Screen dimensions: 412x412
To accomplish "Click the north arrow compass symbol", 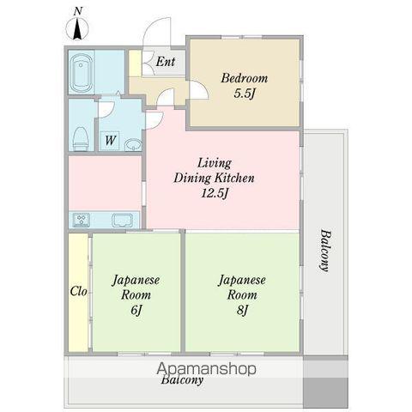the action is click(77, 28).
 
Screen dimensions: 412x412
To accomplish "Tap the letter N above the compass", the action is click(78, 11).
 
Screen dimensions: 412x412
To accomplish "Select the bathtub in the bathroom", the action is click(82, 73).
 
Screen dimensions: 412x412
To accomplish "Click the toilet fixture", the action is click(81, 139).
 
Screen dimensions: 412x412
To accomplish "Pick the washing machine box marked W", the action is click(110, 141).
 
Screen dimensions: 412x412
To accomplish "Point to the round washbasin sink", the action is click(133, 144).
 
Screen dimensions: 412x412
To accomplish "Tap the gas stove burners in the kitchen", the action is click(81, 220).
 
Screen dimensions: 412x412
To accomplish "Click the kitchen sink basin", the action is click(123, 221).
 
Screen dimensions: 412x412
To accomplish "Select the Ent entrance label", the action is click(166, 62).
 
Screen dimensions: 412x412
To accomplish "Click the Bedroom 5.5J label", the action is click(244, 86).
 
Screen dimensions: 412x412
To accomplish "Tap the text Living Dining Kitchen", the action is click(214, 171).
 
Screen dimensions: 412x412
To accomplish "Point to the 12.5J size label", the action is click(215, 194).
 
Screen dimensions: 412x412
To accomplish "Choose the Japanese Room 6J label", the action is click(136, 294).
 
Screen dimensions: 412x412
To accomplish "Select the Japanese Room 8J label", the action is click(242, 294).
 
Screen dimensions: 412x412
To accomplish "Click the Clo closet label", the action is click(78, 291).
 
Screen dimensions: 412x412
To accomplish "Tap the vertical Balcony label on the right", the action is click(324, 250).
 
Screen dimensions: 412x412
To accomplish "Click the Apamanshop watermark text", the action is click(206, 369).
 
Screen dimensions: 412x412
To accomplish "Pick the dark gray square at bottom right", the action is click(325, 392).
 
